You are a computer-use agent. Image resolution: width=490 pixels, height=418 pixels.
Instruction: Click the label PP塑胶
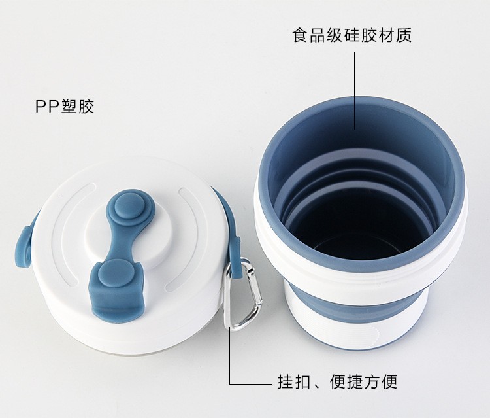click(65, 107)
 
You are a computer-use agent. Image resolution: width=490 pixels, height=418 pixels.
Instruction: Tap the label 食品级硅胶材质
click(352, 35)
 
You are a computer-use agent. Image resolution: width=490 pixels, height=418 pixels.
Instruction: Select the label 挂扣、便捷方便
click(338, 381)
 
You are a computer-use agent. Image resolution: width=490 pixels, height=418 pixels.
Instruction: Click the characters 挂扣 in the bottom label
click(293, 381)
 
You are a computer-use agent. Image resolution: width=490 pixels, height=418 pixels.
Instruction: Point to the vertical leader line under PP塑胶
click(59, 158)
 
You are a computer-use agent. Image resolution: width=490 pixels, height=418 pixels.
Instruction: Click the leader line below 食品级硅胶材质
click(354, 90)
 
